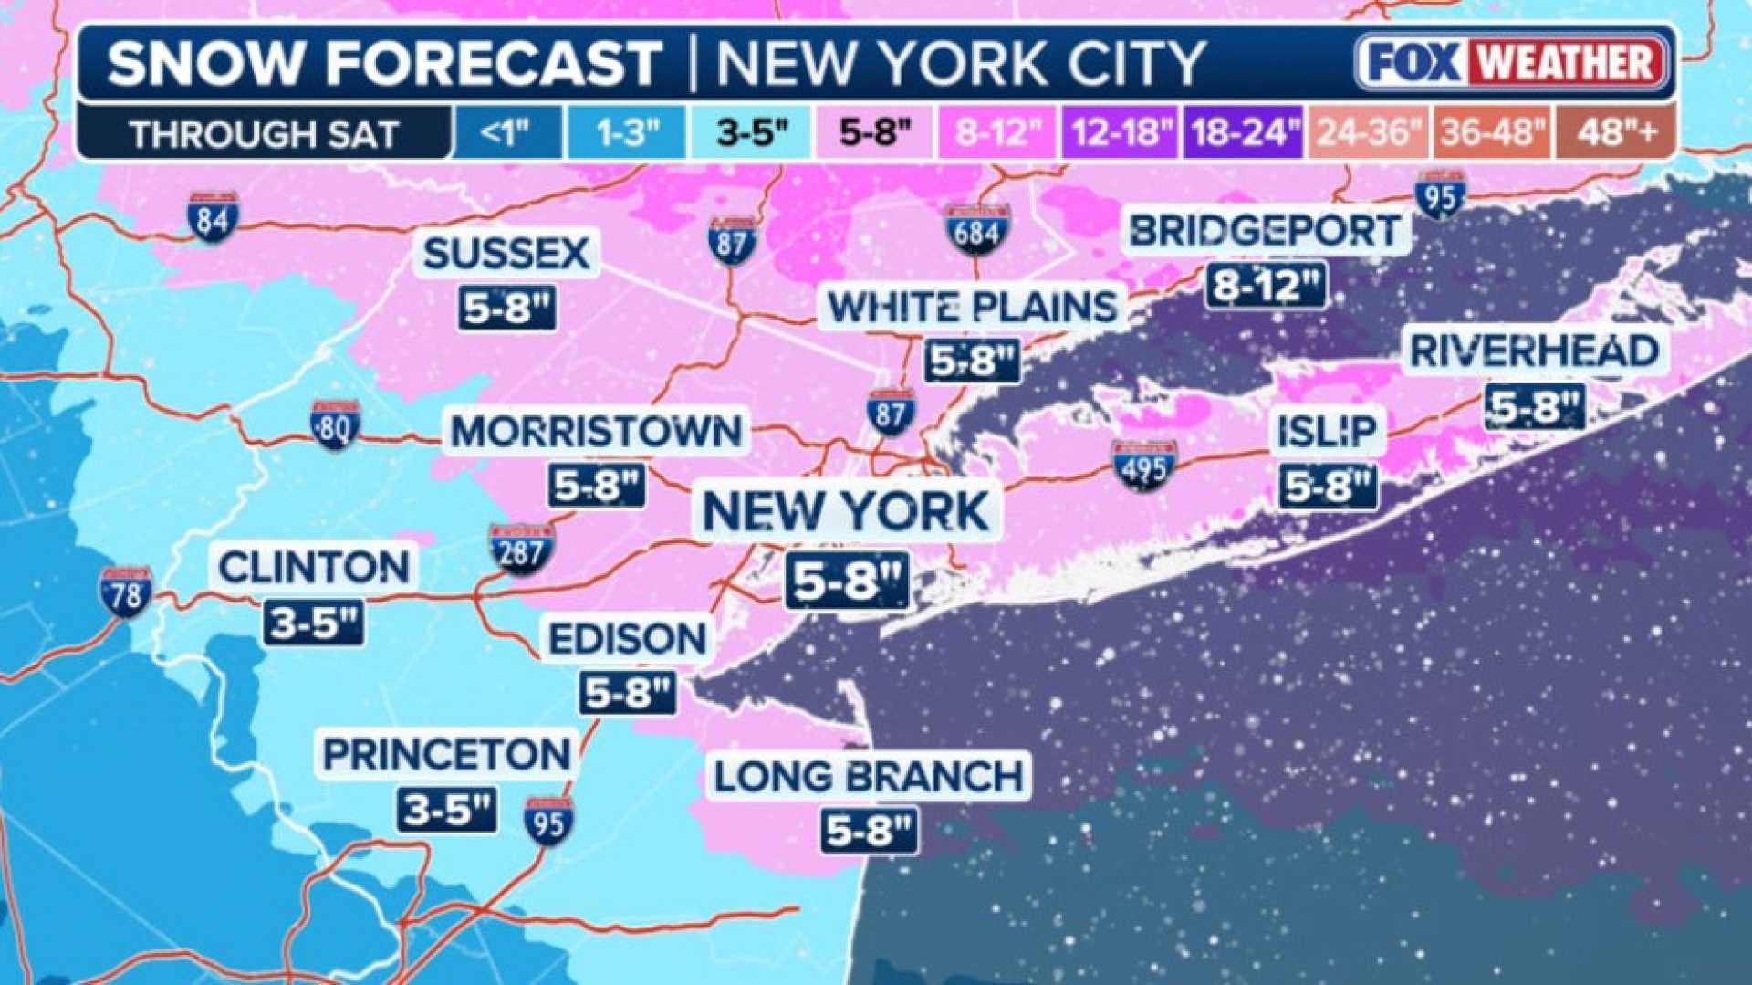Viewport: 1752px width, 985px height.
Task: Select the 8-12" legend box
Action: (998, 133)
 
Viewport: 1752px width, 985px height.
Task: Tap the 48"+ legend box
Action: (1616, 133)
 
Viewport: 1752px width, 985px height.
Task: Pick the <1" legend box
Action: (506, 133)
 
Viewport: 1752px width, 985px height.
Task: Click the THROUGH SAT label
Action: (264, 134)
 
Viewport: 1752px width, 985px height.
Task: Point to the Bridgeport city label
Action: (1265, 231)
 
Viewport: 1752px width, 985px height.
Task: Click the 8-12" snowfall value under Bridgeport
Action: (1266, 286)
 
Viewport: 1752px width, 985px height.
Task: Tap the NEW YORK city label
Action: (846, 511)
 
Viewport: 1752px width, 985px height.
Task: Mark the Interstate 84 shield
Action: (213, 217)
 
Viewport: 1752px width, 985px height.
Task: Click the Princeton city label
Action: (447, 755)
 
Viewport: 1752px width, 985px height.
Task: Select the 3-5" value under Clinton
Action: (314, 624)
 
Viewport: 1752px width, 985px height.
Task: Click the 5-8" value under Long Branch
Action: (868, 831)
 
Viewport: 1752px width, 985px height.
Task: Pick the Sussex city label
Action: (506, 254)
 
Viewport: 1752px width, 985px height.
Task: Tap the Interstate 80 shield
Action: (335, 424)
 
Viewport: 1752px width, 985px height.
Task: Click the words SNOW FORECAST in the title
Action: (383, 64)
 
